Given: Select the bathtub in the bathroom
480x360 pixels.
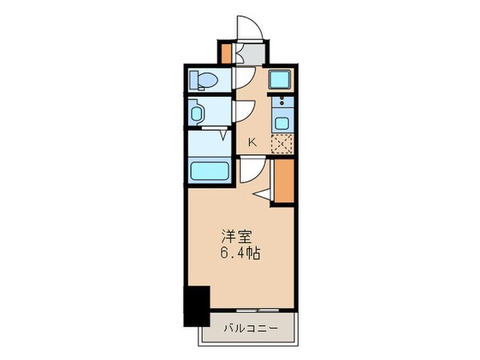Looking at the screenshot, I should click(x=210, y=171).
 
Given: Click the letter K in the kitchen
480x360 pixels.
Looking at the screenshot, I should click(x=252, y=142).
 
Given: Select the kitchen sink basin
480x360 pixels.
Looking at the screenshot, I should click(x=281, y=122).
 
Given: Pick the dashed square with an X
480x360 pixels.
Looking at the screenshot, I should click(x=281, y=142).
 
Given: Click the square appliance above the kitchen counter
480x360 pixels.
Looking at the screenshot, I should click(x=281, y=79).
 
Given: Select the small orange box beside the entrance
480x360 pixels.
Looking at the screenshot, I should click(x=226, y=53).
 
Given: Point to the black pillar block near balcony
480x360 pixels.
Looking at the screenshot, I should click(x=197, y=305).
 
